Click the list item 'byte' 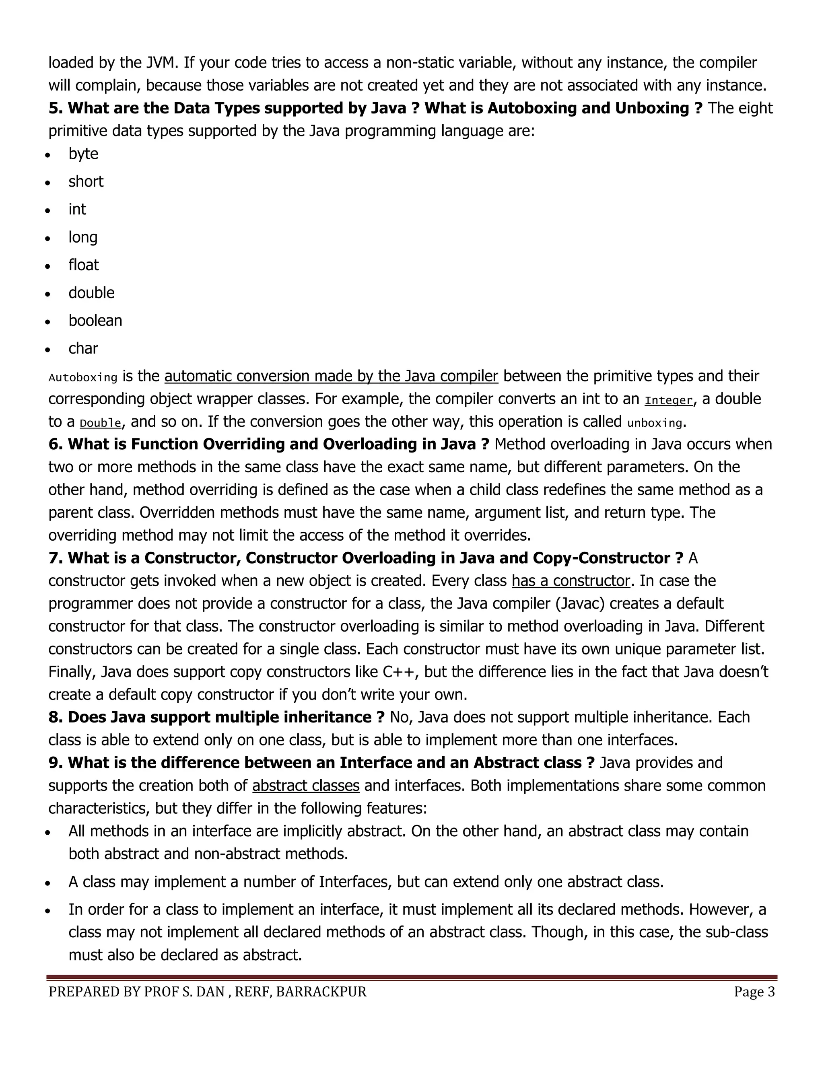coord(83,154)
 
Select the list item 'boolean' coord(95,321)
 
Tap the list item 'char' coord(83,348)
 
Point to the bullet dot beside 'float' coord(47,266)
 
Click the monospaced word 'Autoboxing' coord(83,377)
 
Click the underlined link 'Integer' coord(668,400)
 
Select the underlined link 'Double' coord(100,423)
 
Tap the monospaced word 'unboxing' coord(654,423)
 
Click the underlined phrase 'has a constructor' coord(571,581)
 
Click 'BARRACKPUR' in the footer coord(321,992)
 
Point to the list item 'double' coord(91,293)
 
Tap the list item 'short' coord(86,181)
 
